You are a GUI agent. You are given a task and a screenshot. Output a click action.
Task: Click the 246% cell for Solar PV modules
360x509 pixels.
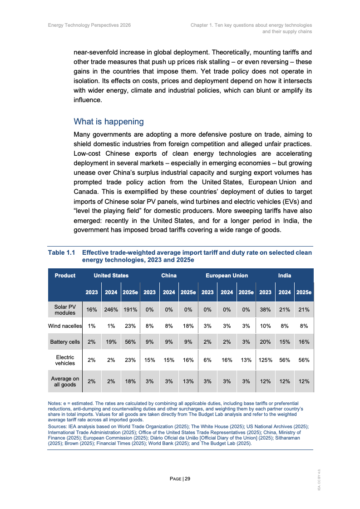click(x=111, y=310)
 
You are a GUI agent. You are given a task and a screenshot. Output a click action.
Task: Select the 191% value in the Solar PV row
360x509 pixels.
click(x=130, y=310)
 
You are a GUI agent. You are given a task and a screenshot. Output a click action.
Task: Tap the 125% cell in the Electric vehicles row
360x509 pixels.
click(x=265, y=360)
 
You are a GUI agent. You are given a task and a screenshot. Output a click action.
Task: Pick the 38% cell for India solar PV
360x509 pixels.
click(x=265, y=310)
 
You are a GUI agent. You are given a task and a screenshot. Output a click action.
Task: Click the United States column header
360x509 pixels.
click(x=111, y=275)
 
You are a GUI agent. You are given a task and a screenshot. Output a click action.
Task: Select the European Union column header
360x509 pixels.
click(x=227, y=275)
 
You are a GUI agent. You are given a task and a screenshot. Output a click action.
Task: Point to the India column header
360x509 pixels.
click(x=285, y=275)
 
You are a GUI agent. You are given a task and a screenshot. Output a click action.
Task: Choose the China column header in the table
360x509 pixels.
click(x=169, y=275)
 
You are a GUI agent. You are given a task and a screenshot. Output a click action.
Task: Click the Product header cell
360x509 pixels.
click(x=65, y=275)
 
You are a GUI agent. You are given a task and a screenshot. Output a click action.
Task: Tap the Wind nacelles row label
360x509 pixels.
click(x=65, y=326)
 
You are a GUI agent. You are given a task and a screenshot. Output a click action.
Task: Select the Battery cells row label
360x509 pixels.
click(x=65, y=342)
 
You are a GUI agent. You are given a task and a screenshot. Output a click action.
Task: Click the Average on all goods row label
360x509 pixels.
click(x=65, y=381)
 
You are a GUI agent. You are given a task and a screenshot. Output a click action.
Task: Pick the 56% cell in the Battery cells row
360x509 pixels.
click(x=130, y=342)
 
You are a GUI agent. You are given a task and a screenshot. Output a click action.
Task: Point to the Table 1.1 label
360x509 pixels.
click(x=61, y=252)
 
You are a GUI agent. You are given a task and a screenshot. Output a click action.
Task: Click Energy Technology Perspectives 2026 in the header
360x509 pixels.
click(x=89, y=25)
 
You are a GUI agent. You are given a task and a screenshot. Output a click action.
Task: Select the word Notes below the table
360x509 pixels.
click(x=55, y=403)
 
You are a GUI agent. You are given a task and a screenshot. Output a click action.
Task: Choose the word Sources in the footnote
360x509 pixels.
click(x=57, y=426)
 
